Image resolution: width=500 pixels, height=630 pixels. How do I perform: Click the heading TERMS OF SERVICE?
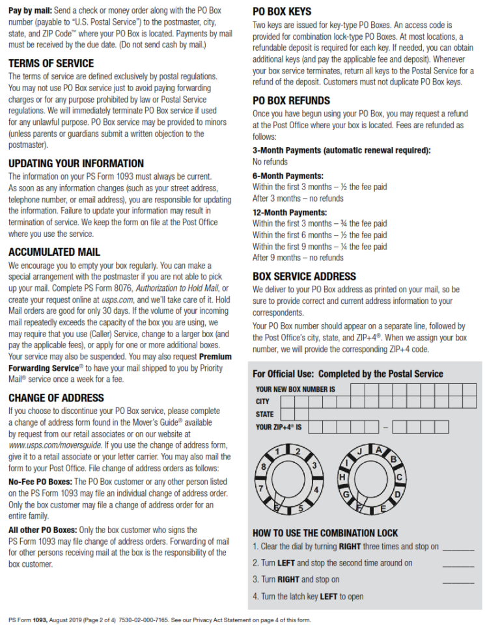pyautogui.click(x=51, y=63)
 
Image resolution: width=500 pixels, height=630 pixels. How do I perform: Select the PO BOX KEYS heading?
pyautogui.click(x=282, y=12)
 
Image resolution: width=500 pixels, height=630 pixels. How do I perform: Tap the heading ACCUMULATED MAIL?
pyautogui.click(x=54, y=252)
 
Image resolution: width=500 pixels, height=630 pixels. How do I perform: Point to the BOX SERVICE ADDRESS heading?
pyautogui.click(x=304, y=276)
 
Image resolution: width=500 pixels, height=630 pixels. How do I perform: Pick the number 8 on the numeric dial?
pyautogui.click(x=264, y=467)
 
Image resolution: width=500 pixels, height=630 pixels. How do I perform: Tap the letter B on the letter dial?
pyautogui.click(x=393, y=459)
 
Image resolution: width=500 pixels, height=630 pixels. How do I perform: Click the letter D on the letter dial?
pyautogui.click(x=398, y=495)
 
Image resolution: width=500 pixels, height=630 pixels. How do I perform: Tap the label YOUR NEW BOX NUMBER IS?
pyautogui.click(x=296, y=389)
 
